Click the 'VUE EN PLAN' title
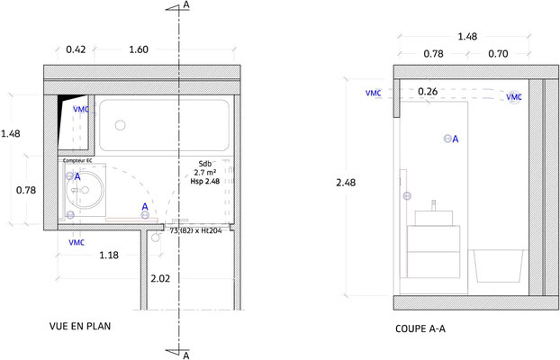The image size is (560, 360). point(80,326)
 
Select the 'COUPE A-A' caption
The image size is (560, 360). point(420,328)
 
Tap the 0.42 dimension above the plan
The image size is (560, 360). point(76,49)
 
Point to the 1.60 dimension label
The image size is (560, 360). point(139,49)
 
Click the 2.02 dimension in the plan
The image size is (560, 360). point(160,278)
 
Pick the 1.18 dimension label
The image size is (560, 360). point(109,255)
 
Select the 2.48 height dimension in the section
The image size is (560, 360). point(346,183)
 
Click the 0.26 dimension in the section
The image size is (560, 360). point(428,92)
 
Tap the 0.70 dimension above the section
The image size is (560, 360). point(498,54)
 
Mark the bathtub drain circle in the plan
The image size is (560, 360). point(121,125)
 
